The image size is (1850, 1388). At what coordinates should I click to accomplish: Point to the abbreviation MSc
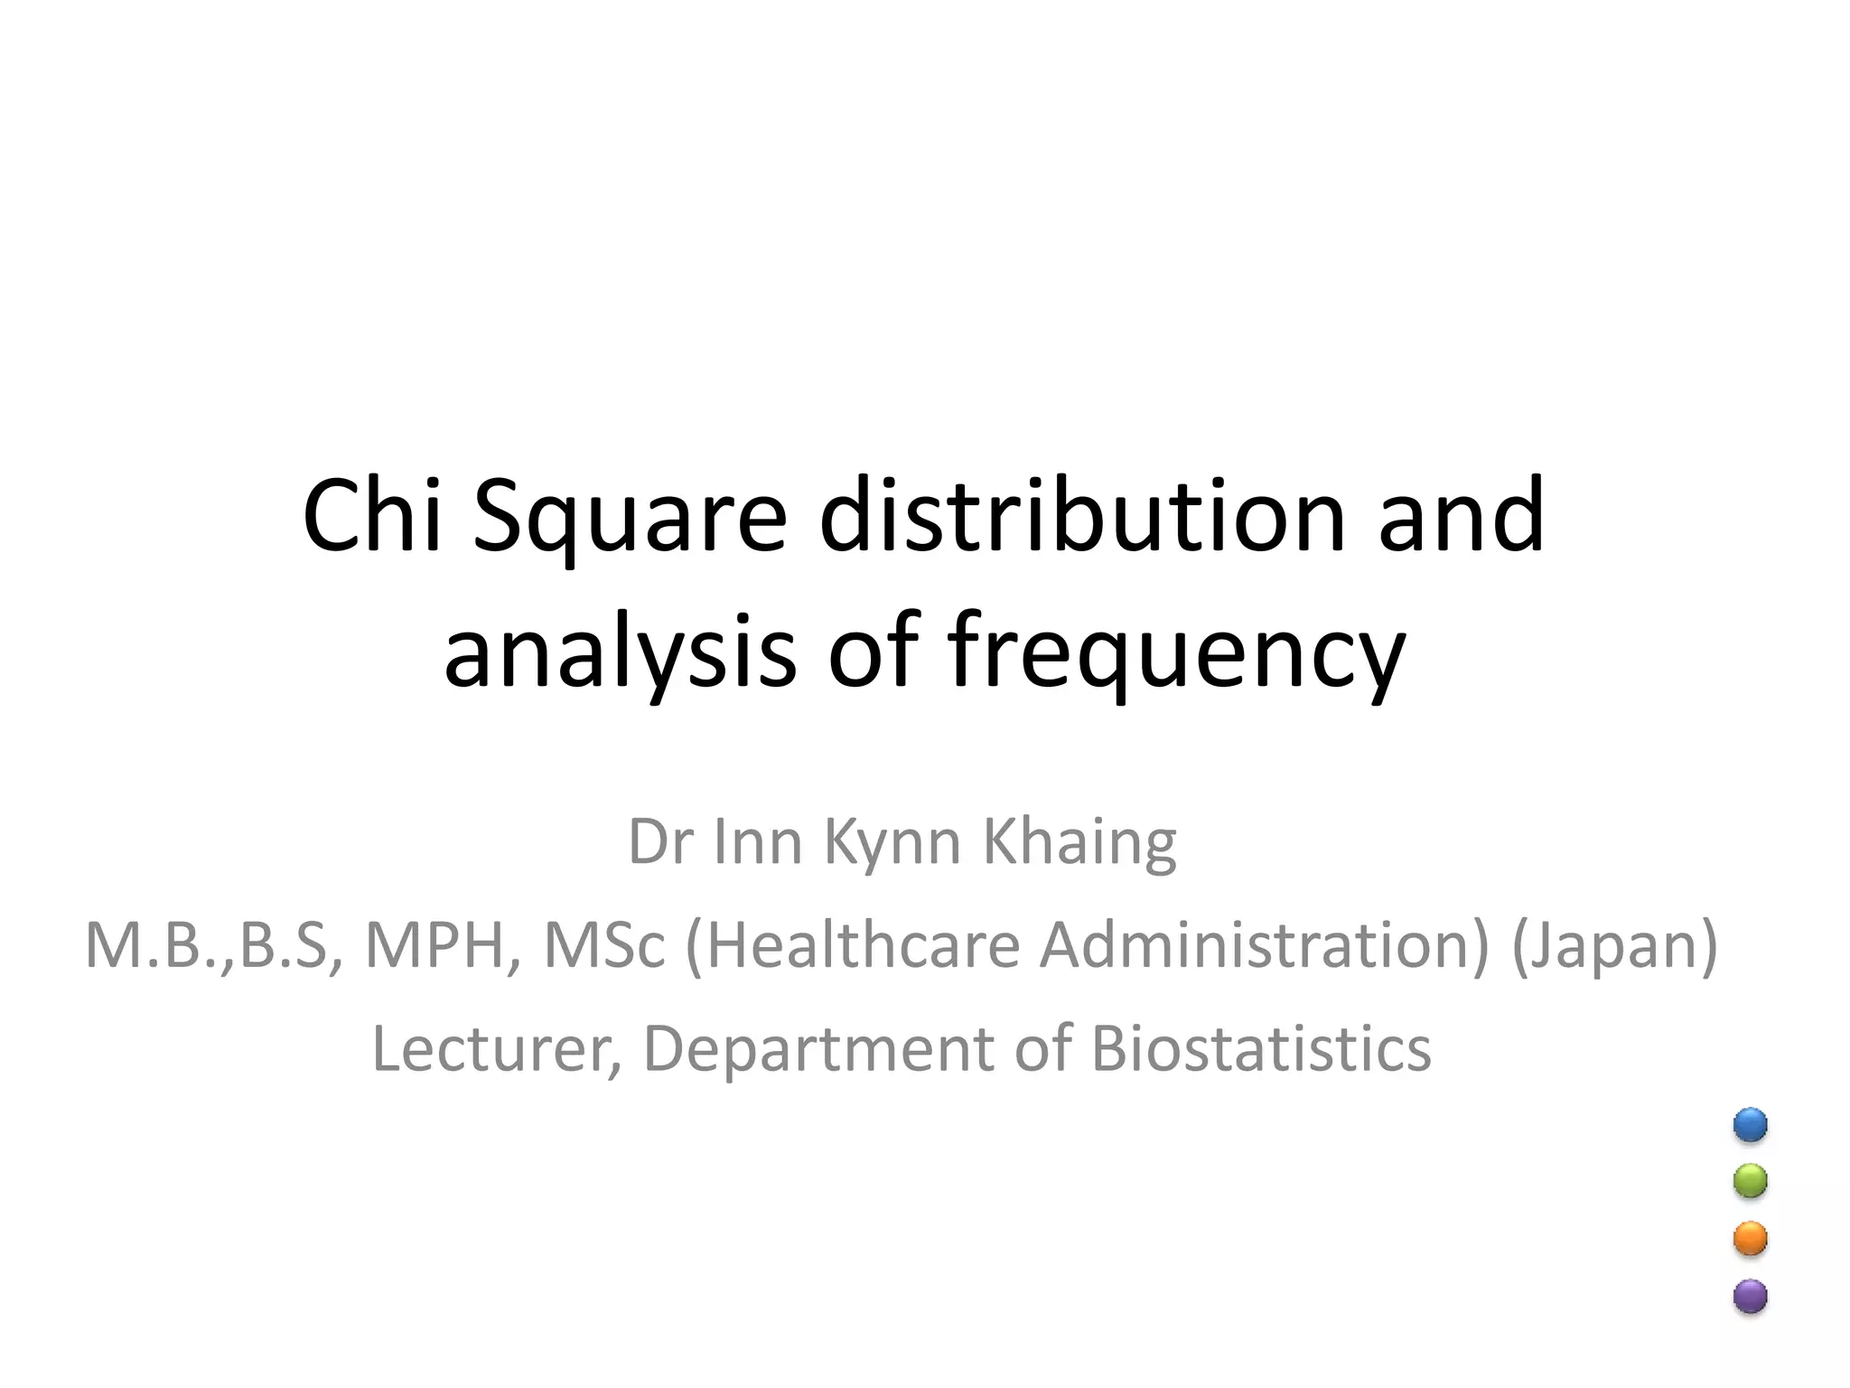pyautogui.click(x=603, y=946)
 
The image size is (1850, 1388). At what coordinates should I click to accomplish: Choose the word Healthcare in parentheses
pyautogui.click(x=854, y=946)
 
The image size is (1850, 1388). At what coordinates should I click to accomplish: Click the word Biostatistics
pyautogui.click(x=1261, y=1049)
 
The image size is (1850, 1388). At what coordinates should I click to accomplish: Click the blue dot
pyautogui.click(x=1750, y=1125)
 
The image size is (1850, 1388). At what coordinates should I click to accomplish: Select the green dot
pyautogui.click(x=1750, y=1181)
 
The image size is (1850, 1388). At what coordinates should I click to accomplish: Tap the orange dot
pyautogui.click(x=1750, y=1239)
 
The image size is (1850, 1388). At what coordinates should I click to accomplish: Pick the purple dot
pyautogui.click(x=1750, y=1296)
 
